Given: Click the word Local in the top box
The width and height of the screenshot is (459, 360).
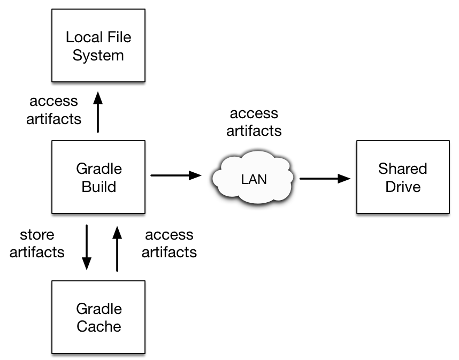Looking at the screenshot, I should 83,37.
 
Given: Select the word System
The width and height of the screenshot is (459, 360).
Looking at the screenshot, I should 98,56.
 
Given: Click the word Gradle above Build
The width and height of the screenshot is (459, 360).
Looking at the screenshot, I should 99,169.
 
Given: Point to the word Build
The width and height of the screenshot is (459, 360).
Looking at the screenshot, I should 99,187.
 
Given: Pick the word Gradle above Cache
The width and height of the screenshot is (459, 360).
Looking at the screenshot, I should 99,309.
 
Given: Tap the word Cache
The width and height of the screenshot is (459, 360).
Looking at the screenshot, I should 99,327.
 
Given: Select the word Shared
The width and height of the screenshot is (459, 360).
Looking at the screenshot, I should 403,169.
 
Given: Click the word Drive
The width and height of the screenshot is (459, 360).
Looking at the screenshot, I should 403,187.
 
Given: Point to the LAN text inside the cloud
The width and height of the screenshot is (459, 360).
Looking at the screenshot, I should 254,180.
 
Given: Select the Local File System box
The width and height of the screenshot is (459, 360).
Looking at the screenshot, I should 98,70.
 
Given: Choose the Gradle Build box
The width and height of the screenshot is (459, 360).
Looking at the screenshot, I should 98,203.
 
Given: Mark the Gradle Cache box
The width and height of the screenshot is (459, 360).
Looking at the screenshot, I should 98,342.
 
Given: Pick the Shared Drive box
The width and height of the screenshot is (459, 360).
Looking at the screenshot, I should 403,203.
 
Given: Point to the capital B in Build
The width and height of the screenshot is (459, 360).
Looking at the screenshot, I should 86,187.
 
